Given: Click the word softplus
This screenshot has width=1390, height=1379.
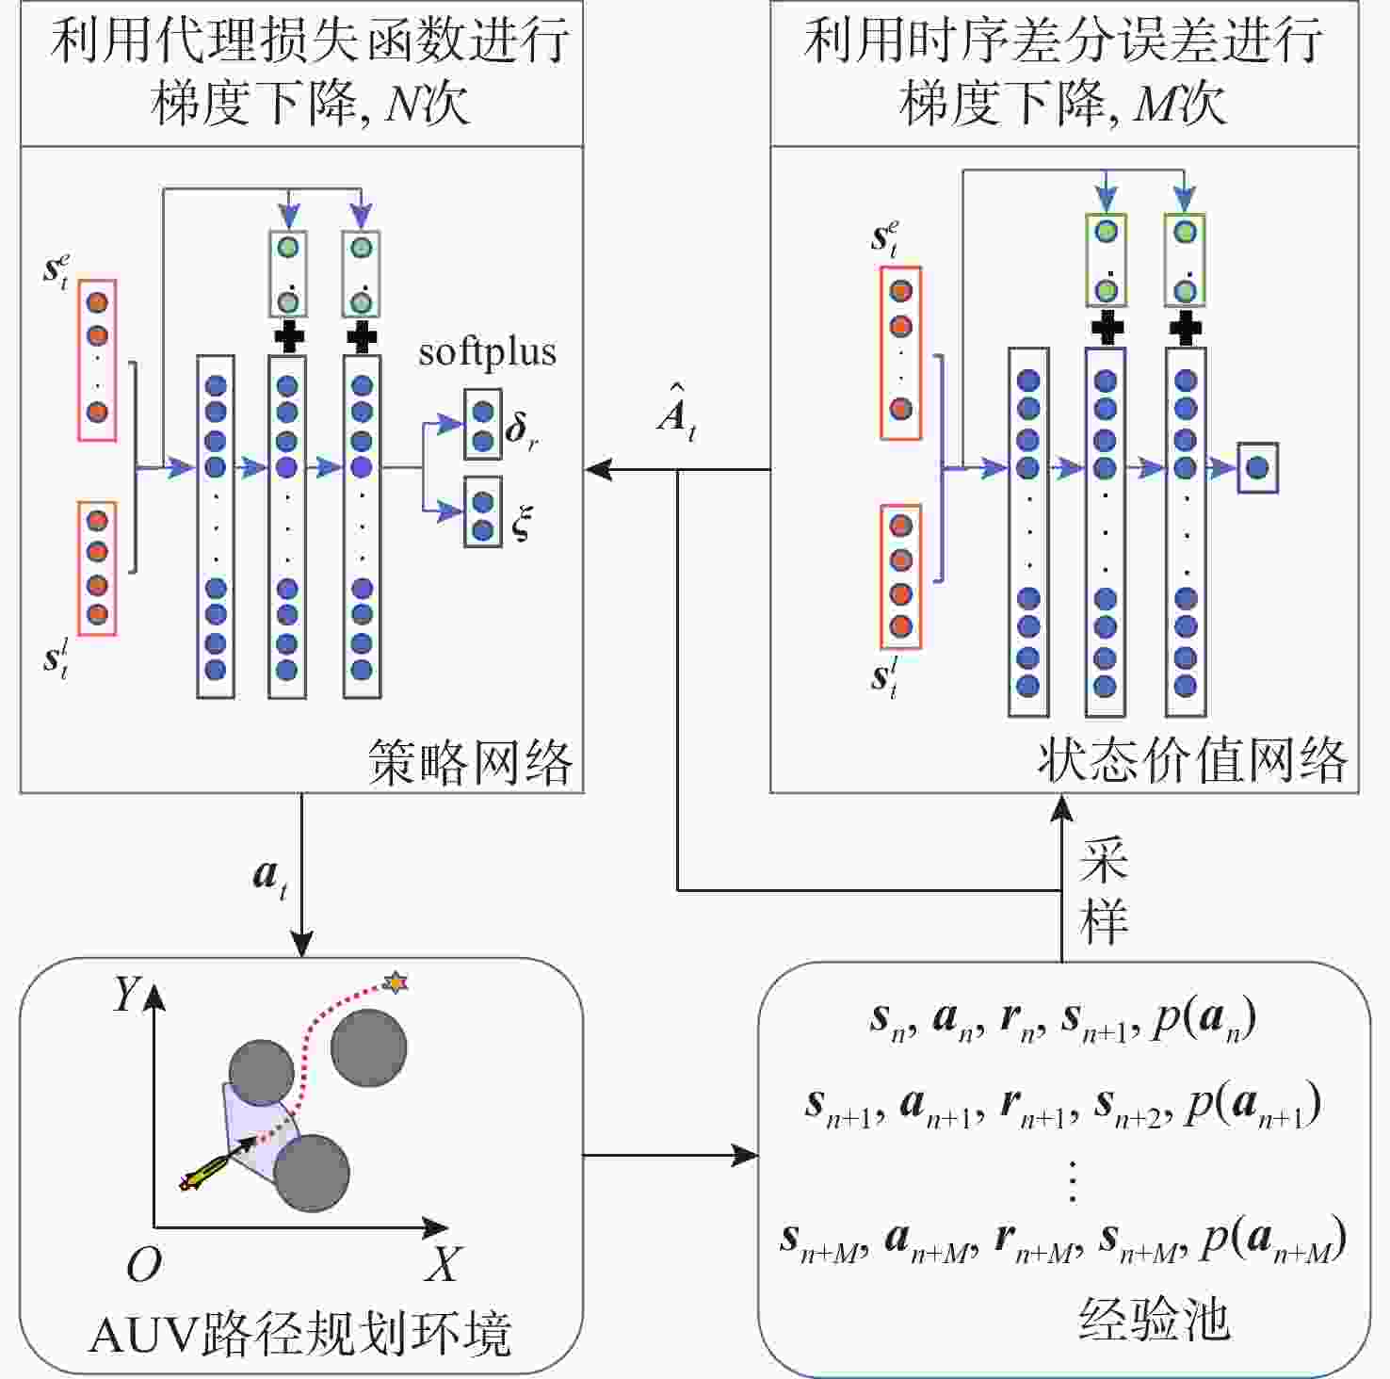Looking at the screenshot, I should click(x=487, y=352).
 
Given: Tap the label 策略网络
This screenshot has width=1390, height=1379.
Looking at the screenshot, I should click(x=470, y=761).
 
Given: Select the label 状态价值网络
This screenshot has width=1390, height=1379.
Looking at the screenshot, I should click(x=1192, y=759).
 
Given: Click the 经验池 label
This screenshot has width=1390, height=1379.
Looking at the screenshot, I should click(x=1154, y=1318).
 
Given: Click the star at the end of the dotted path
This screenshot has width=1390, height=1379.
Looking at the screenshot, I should click(x=396, y=982).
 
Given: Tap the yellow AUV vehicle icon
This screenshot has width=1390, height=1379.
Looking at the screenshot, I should click(x=202, y=1174).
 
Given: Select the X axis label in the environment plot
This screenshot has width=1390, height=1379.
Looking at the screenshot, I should click(x=441, y=1264).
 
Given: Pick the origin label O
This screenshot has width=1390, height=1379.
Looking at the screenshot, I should click(x=143, y=1265).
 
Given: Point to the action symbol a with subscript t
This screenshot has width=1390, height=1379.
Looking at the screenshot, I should click(x=269, y=877).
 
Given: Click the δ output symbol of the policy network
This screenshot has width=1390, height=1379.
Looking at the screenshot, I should click(x=520, y=430).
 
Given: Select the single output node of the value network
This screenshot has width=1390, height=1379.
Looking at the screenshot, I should click(x=1257, y=467).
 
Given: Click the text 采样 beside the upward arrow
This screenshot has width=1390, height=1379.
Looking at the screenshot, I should click(x=1103, y=890).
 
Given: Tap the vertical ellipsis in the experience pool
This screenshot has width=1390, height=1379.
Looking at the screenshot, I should click(x=1072, y=1181).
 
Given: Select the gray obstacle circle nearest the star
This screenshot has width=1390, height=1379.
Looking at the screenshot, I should click(x=368, y=1047).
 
